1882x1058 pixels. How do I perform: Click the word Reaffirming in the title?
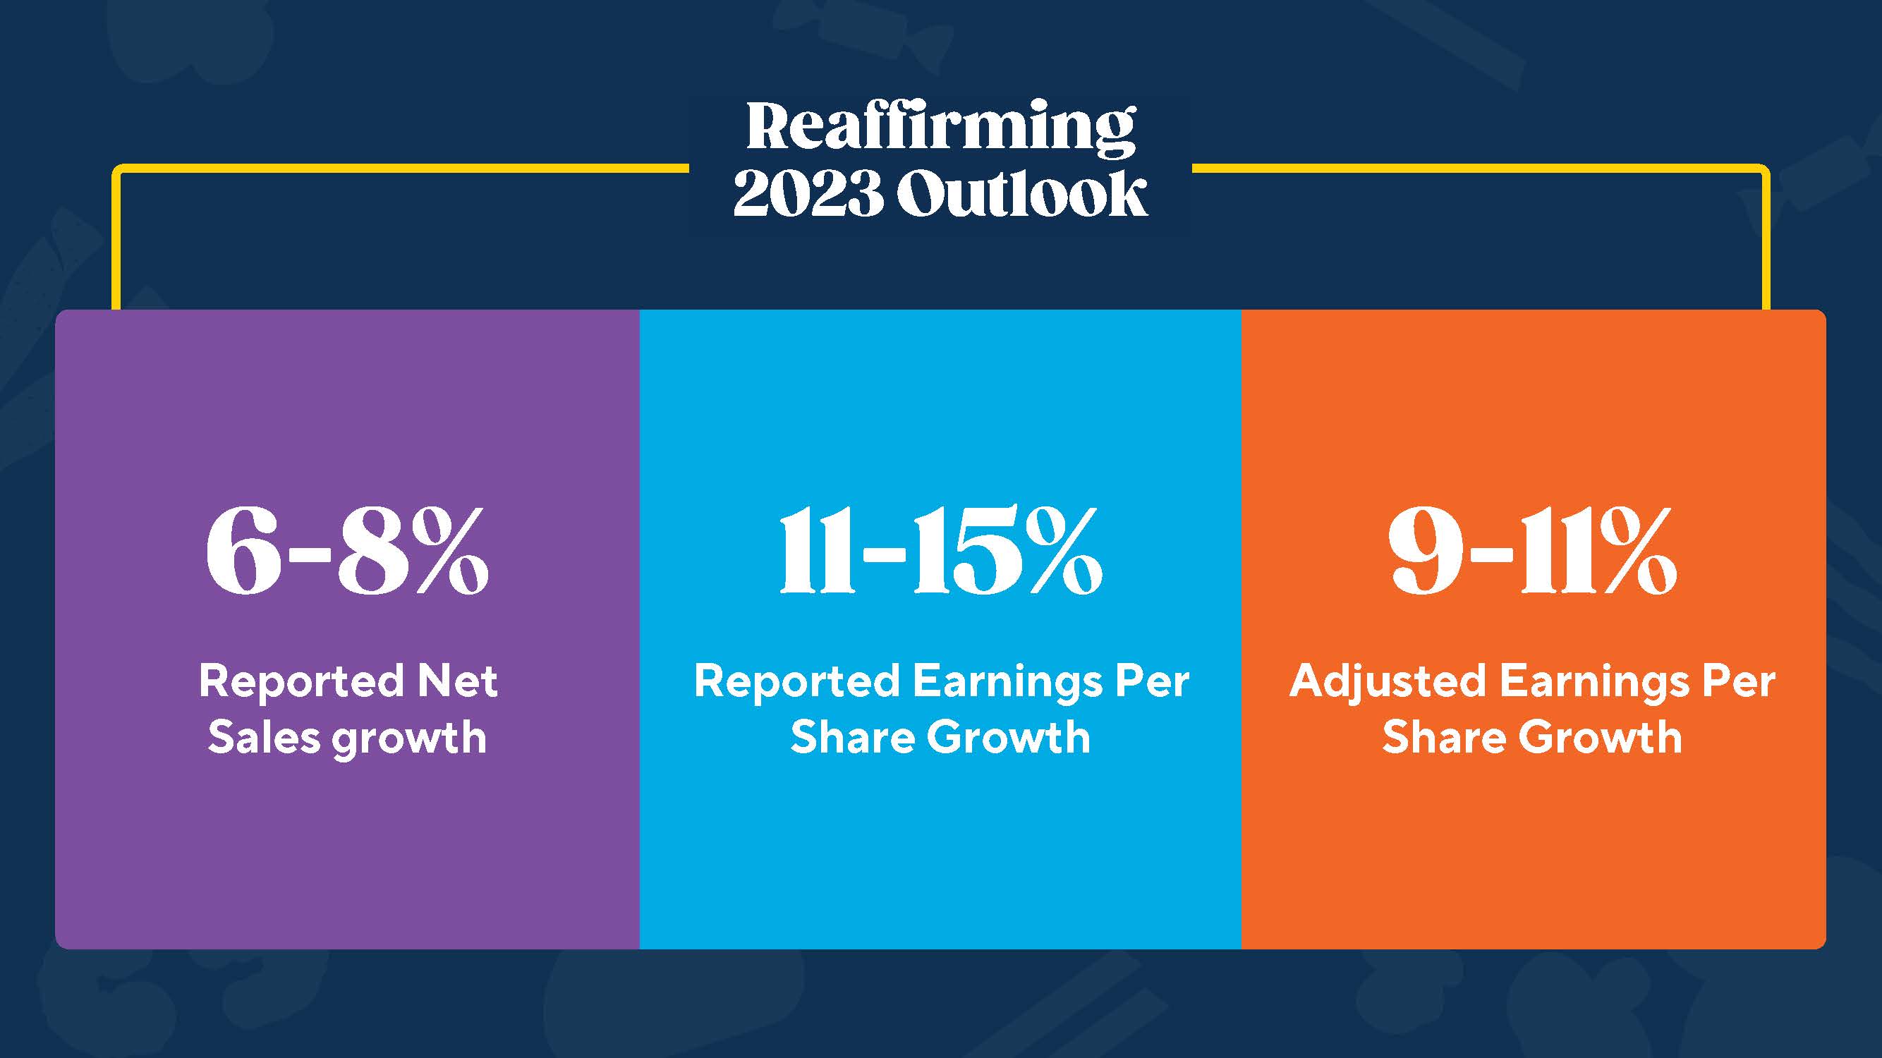(x=940, y=128)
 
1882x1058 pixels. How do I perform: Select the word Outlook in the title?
(x=1021, y=194)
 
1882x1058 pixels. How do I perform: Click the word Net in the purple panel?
(x=457, y=681)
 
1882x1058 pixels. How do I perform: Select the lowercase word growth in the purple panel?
(x=409, y=738)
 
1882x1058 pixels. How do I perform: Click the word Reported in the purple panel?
(x=301, y=681)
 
